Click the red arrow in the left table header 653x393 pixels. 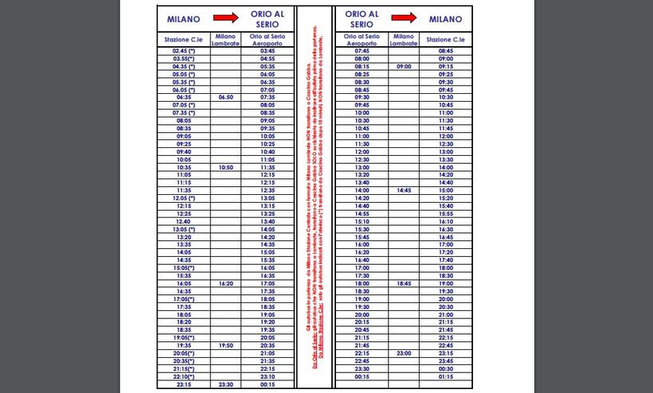point(225,18)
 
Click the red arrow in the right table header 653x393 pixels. point(404,18)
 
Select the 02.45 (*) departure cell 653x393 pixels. point(184,50)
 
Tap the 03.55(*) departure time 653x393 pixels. point(184,58)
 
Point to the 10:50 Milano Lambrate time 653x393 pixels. point(225,168)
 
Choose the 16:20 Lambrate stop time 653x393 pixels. point(225,283)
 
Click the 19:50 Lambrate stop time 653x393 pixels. point(225,345)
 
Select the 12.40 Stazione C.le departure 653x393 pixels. point(184,221)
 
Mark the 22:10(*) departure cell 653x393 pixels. point(184,376)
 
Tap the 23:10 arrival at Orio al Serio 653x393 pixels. point(268,376)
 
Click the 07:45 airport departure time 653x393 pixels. point(362,50)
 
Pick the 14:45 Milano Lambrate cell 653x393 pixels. point(404,191)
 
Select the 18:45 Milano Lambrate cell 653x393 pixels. point(404,283)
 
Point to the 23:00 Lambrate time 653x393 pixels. point(404,352)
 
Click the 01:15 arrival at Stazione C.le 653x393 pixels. point(446,376)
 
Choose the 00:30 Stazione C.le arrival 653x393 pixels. point(446,368)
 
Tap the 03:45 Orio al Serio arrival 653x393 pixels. point(268,50)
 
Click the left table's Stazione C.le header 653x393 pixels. point(184,39)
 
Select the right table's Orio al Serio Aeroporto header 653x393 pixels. point(362,39)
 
